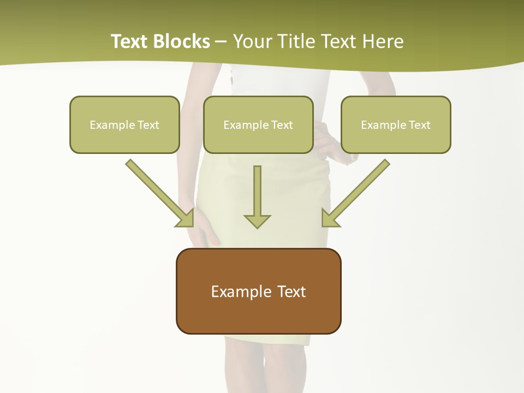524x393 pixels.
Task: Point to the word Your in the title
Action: coord(252,41)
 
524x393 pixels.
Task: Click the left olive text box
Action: coord(124,124)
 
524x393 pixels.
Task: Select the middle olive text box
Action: coord(258,124)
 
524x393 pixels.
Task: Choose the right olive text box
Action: coord(396,124)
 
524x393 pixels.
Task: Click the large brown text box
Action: coord(258,291)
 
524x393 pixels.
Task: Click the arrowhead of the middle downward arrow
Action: coord(257,221)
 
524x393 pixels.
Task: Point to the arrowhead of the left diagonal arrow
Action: coord(186,219)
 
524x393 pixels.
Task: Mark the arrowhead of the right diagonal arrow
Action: coord(329,219)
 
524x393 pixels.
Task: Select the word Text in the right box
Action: coord(420,125)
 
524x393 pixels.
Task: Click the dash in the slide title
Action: coord(221,42)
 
